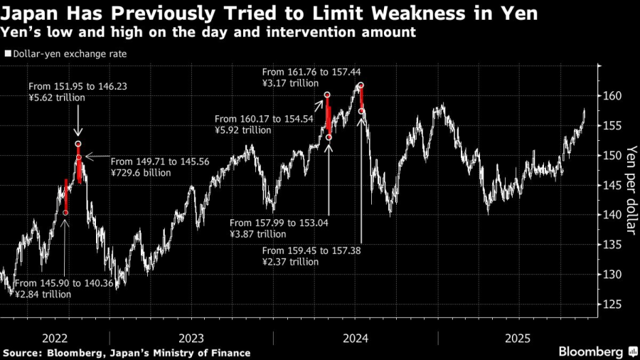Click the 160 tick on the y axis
click(615, 96)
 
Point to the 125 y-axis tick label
click(615, 304)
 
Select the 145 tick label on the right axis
click(615, 185)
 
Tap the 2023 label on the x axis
click(192, 338)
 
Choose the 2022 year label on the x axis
click(55, 338)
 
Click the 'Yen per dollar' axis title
click(629, 192)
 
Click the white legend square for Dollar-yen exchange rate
click(8, 53)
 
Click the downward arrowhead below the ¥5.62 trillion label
click(78, 132)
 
